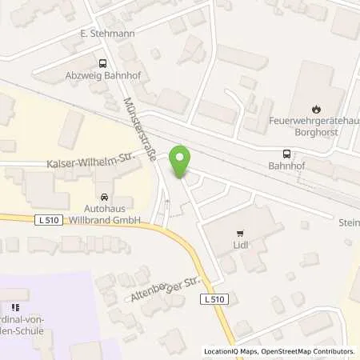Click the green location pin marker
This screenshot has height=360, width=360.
click(182, 162)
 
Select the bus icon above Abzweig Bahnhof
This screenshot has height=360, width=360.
click(102, 64)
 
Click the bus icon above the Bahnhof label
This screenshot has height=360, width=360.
click(286, 154)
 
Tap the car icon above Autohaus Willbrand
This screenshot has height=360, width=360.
click(104, 196)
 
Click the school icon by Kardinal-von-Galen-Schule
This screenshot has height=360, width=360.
click(14, 307)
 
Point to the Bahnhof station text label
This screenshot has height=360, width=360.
click(286, 169)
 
